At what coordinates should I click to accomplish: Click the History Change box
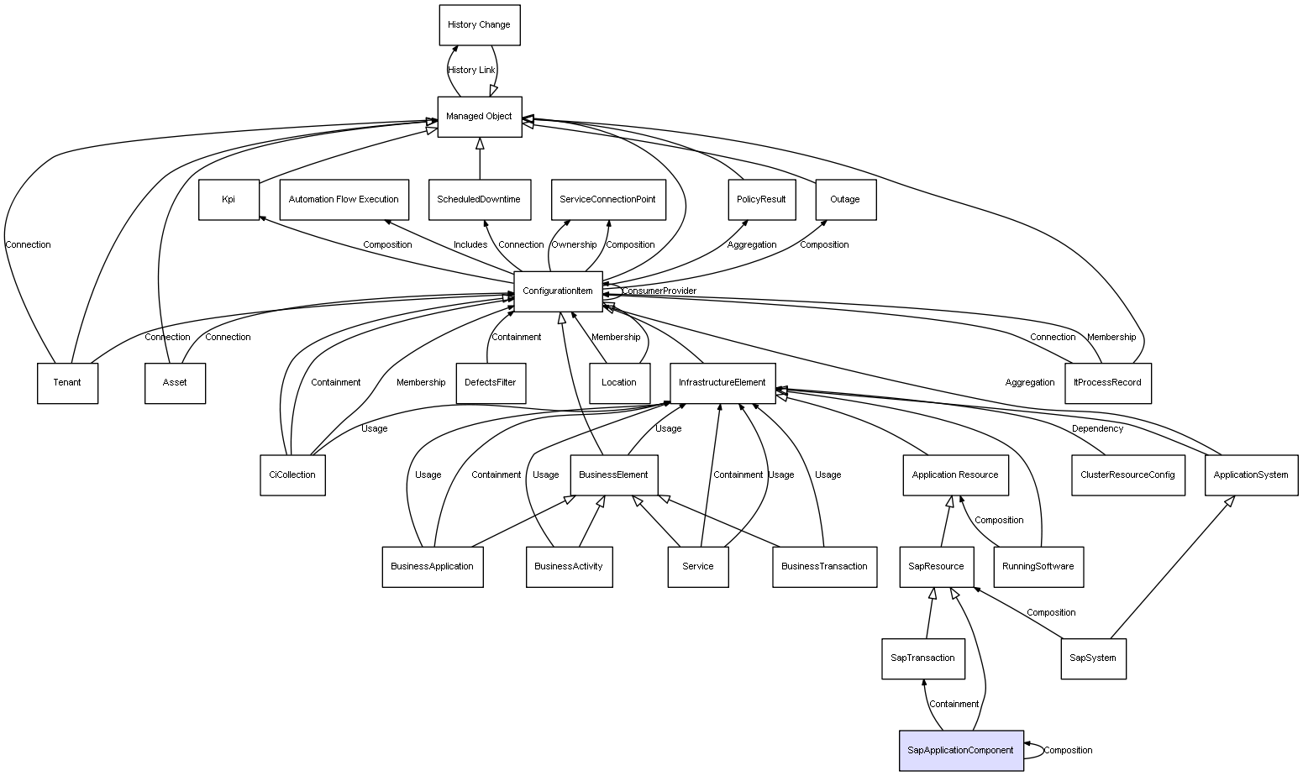pyautogui.click(x=479, y=25)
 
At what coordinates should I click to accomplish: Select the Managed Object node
pyautogui.click(x=479, y=117)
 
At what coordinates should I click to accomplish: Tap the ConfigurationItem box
pyautogui.click(x=558, y=291)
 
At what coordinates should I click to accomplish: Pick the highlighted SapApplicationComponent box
pyautogui.click(x=960, y=750)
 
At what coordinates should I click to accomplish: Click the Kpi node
pyautogui.click(x=229, y=200)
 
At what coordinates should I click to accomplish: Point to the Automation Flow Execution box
pyautogui.click(x=344, y=200)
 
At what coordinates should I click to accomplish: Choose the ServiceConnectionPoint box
pyautogui.click(x=607, y=200)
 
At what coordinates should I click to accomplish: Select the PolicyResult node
pyautogui.click(x=761, y=200)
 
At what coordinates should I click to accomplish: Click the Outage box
pyautogui.click(x=845, y=200)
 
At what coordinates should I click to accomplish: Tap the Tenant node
pyautogui.click(x=67, y=383)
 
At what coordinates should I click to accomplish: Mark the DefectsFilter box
pyautogui.click(x=491, y=383)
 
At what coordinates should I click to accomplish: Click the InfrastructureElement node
pyautogui.click(x=722, y=383)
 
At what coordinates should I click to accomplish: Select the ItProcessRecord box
pyautogui.click(x=1108, y=383)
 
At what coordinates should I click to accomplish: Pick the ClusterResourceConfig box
pyautogui.click(x=1127, y=475)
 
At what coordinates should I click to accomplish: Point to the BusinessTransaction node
pyautogui.click(x=824, y=567)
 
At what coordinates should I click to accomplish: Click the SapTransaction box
pyautogui.click(x=922, y=658)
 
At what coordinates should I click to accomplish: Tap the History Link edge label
pyautogui.click(x=471, y=71)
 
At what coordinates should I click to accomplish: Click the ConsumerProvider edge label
pyautogui.click(x=659, y=291)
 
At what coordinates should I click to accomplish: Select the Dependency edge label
pyautogui.click(x=1097, y=429)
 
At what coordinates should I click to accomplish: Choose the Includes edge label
pyautogui.click(x=470, y=245)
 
